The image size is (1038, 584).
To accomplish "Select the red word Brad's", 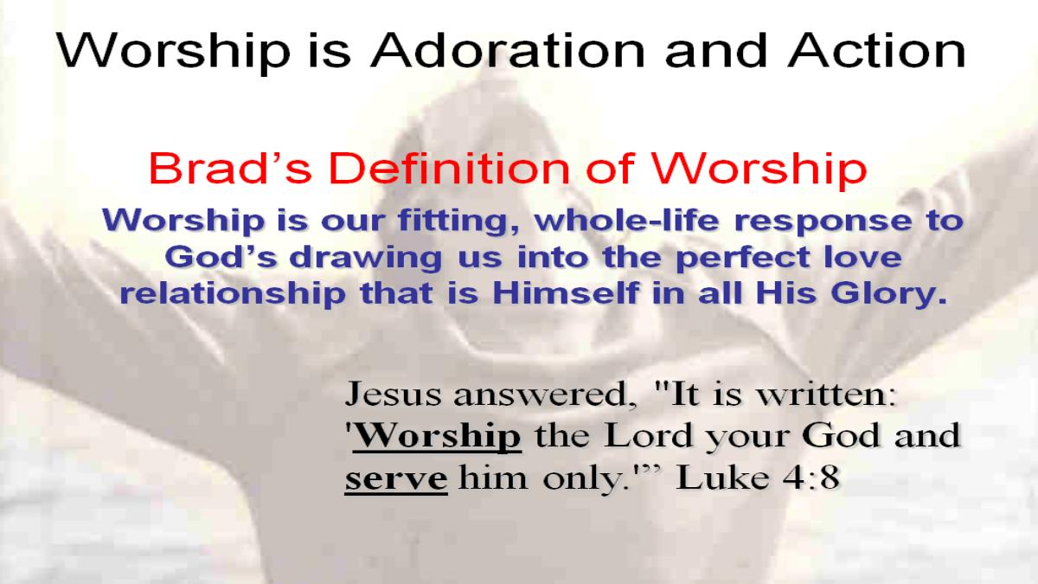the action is pos(230,168).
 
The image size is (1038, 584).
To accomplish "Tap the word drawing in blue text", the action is pos(366,258).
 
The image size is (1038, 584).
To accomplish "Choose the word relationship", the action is pos(233,294).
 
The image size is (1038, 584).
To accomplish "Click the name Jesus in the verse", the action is pos(393,394).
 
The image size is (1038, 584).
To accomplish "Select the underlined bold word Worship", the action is pos(437,436).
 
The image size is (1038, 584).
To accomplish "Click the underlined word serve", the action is pos(396,479).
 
